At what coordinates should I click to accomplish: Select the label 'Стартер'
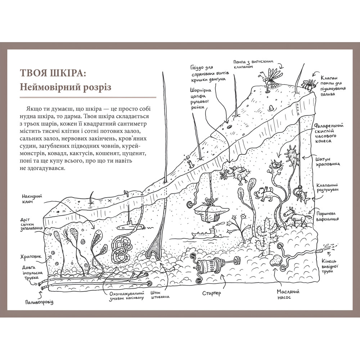click(211, 293)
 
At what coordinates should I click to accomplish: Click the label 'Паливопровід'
click(39, 302)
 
